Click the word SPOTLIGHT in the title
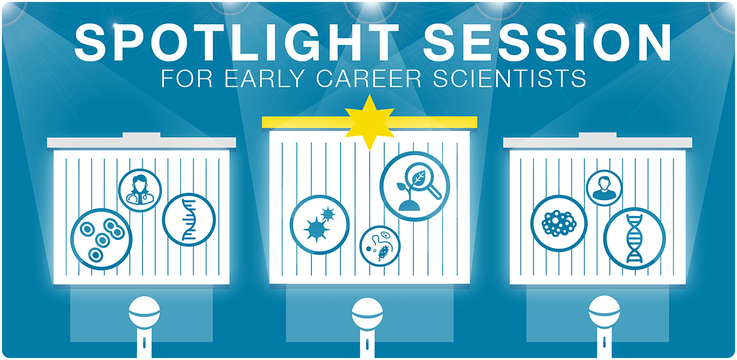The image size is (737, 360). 236,43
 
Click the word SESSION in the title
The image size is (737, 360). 547,43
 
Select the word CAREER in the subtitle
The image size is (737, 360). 369,78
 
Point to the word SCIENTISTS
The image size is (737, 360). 510,78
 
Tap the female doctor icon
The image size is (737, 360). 140,191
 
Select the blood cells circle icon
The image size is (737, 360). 101,239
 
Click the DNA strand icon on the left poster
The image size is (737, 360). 189,219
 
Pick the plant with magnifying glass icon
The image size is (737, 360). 415,186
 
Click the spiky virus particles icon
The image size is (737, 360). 320,225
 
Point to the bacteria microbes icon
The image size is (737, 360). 380,246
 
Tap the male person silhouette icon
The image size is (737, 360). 604,188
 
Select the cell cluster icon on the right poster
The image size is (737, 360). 559,224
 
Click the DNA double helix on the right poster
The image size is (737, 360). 635,238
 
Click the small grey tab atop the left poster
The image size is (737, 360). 142,135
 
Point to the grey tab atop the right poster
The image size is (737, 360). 597,135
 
